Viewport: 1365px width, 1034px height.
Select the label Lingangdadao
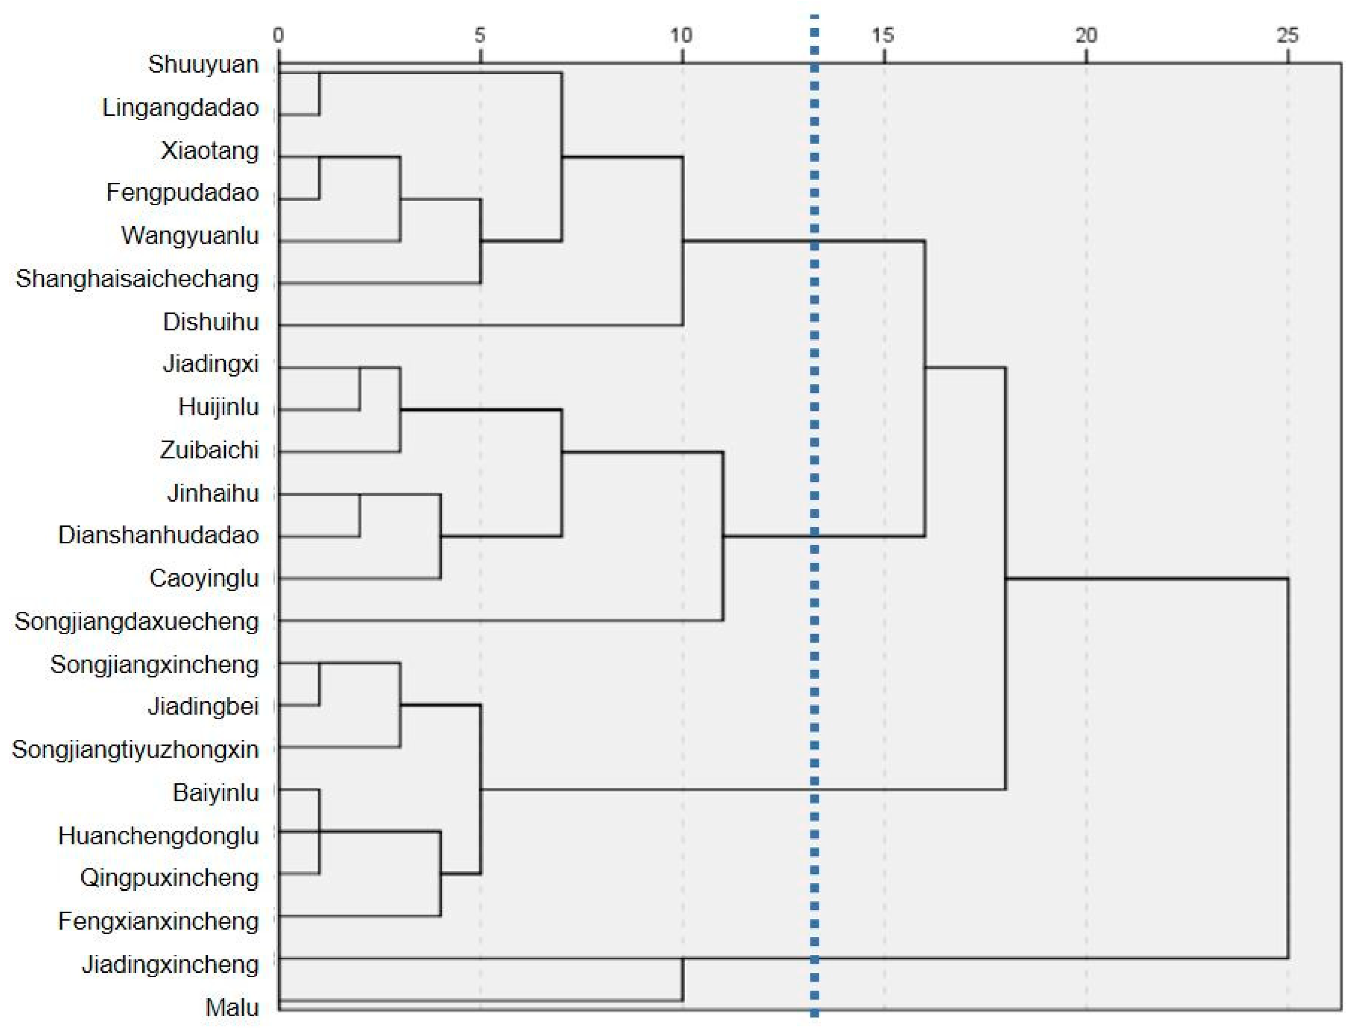pyautogui.click(x=180, y=108)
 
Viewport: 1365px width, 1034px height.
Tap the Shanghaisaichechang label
pyautogui.click(x=137, y=279)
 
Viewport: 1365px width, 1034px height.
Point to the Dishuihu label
pyautogui.click(x=210, y=322)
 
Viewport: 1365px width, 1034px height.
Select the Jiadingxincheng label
pyautogui.click(x=170, y=964)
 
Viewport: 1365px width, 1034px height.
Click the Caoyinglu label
pyautogui.click(x=204, y=578)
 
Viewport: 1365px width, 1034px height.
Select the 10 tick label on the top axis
pyautogui.click(x=681, y=36)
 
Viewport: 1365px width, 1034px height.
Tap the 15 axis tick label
pyautogui.click(x=883, y=36)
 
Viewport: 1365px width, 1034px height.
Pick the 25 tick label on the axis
pyautogui.click(x=1287, y=36)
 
